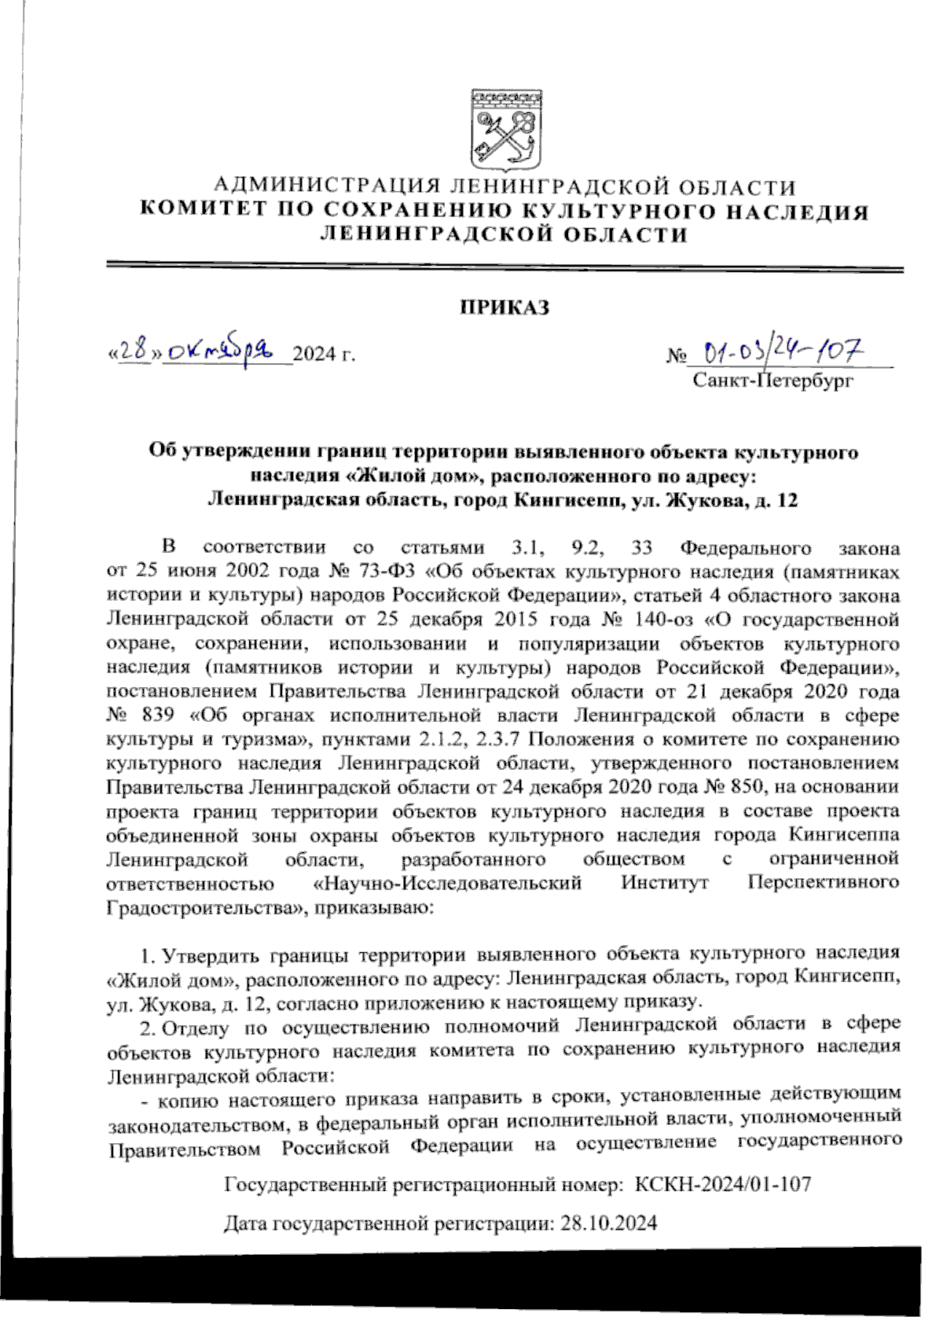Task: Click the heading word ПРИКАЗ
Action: (x=504, y=307)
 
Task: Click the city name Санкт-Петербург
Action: (x=772, y=381)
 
